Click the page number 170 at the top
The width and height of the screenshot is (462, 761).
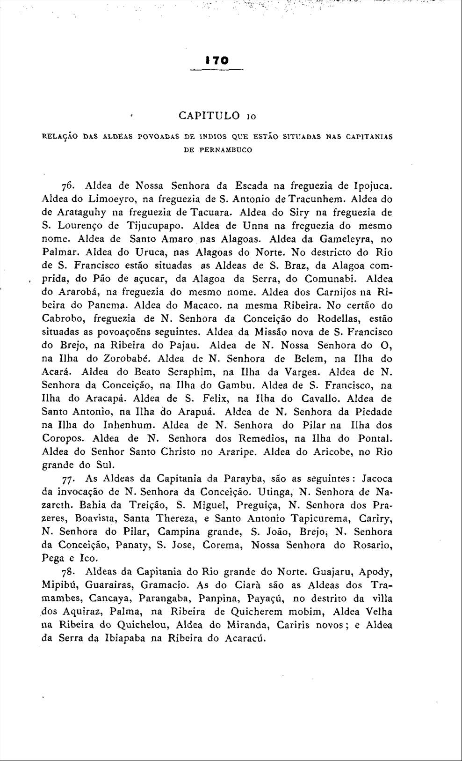point(217,60)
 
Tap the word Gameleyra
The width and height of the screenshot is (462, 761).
point(343,239)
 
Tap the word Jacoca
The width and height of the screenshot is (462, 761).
point(377,479)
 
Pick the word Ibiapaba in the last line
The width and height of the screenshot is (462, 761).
point(123,638)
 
